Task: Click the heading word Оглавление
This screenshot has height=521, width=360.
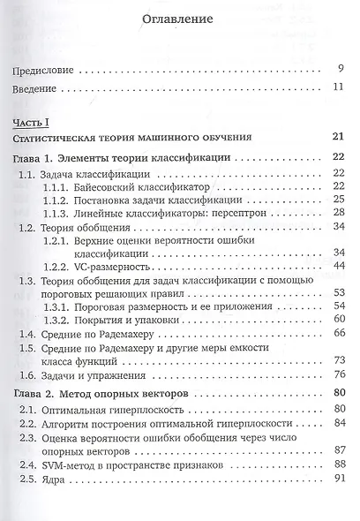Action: [x=180, y=19]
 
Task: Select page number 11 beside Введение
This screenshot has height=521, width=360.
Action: [x=336, y=88]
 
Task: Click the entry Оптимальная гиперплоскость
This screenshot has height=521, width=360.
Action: [x=117, y=410]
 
